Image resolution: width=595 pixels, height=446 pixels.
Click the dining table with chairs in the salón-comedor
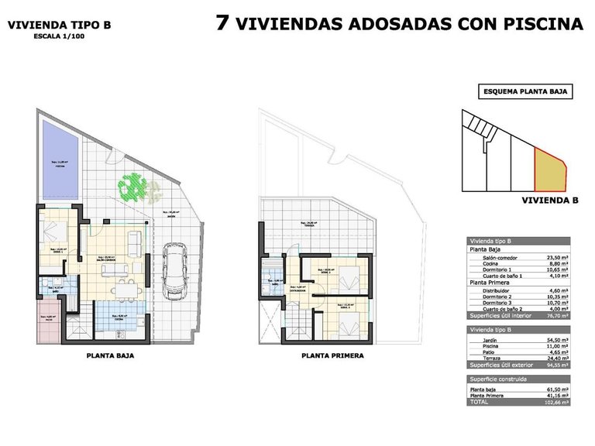coord(126,288)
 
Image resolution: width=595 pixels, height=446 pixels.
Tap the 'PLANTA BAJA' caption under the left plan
coord(111,357)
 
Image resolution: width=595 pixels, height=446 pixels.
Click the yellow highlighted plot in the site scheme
coord(550,171)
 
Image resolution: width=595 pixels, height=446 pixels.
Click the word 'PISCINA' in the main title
coord(545,24)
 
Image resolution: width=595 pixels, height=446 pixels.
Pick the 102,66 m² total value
coord(556,403)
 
